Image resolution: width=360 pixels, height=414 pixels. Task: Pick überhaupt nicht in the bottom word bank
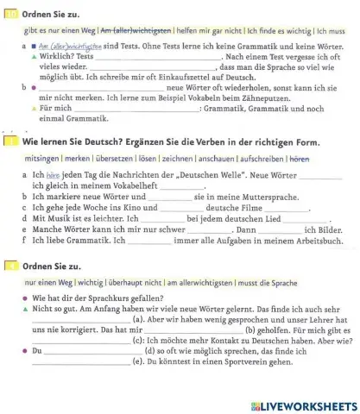(132, 282)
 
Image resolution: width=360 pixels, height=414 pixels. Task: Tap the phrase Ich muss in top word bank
(331, 29)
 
